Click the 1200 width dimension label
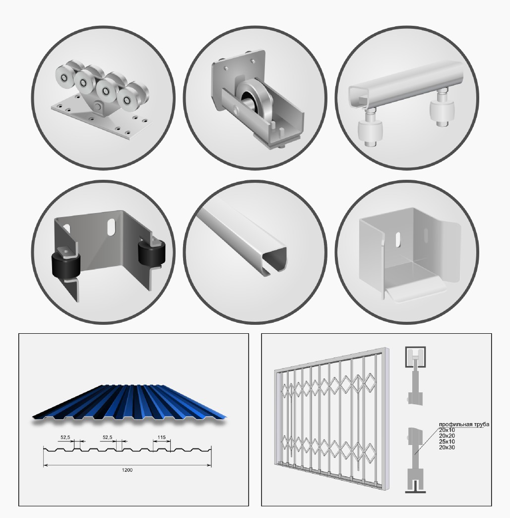(x=127, y=470)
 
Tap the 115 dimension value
(x=161, y=437)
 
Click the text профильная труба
(x=464, y=424)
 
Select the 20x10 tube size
(x=447, y=430)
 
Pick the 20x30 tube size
(x=447, y=447)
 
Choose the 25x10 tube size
(x=447, y=442)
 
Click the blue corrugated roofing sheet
(x=129, y=404)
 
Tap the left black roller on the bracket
(x=66, y=264)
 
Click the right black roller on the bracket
(x=152, y=253)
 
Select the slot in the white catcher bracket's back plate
(x=398, y=239)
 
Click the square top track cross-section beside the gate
(x=415, y=357)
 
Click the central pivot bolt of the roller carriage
(x=97, y=106)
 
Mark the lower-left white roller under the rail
(x=371, y=132)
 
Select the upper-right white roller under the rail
(x=442, y=111)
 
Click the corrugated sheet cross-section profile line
(x=127, y=449)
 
